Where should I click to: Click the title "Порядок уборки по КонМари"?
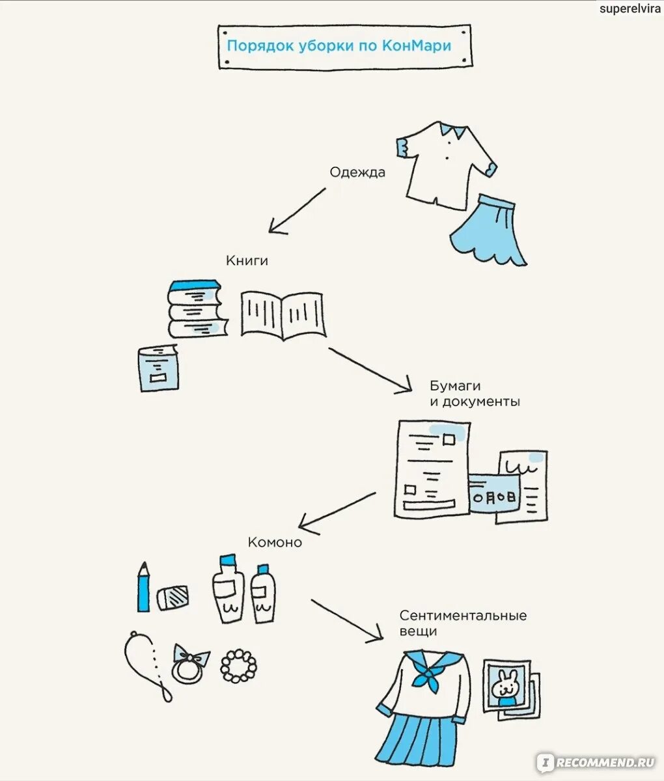coord(339,46)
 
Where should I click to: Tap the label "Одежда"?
coord(357,172)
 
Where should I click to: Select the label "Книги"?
coord(247,260)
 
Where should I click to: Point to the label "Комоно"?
coord(275,542)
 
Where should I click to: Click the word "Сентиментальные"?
coord(463,616)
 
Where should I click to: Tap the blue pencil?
coord(143,588)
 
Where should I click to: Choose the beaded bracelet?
coord(238,666)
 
